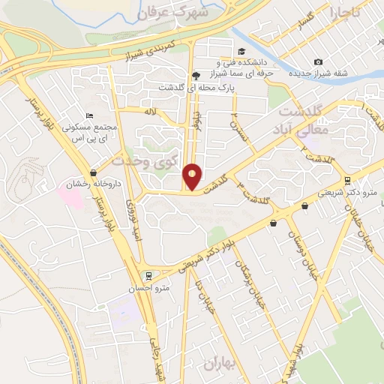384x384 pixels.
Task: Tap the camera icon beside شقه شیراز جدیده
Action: coord(319,61)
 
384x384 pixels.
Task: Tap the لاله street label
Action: coord(151,112)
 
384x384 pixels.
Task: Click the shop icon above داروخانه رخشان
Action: coord(93,172)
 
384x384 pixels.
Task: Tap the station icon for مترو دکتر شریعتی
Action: coord(346,180)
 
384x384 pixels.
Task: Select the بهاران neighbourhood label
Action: coord(219,364)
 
